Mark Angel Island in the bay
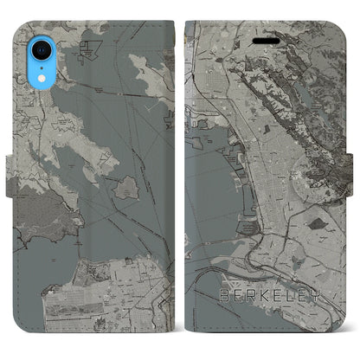coord(125,187)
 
